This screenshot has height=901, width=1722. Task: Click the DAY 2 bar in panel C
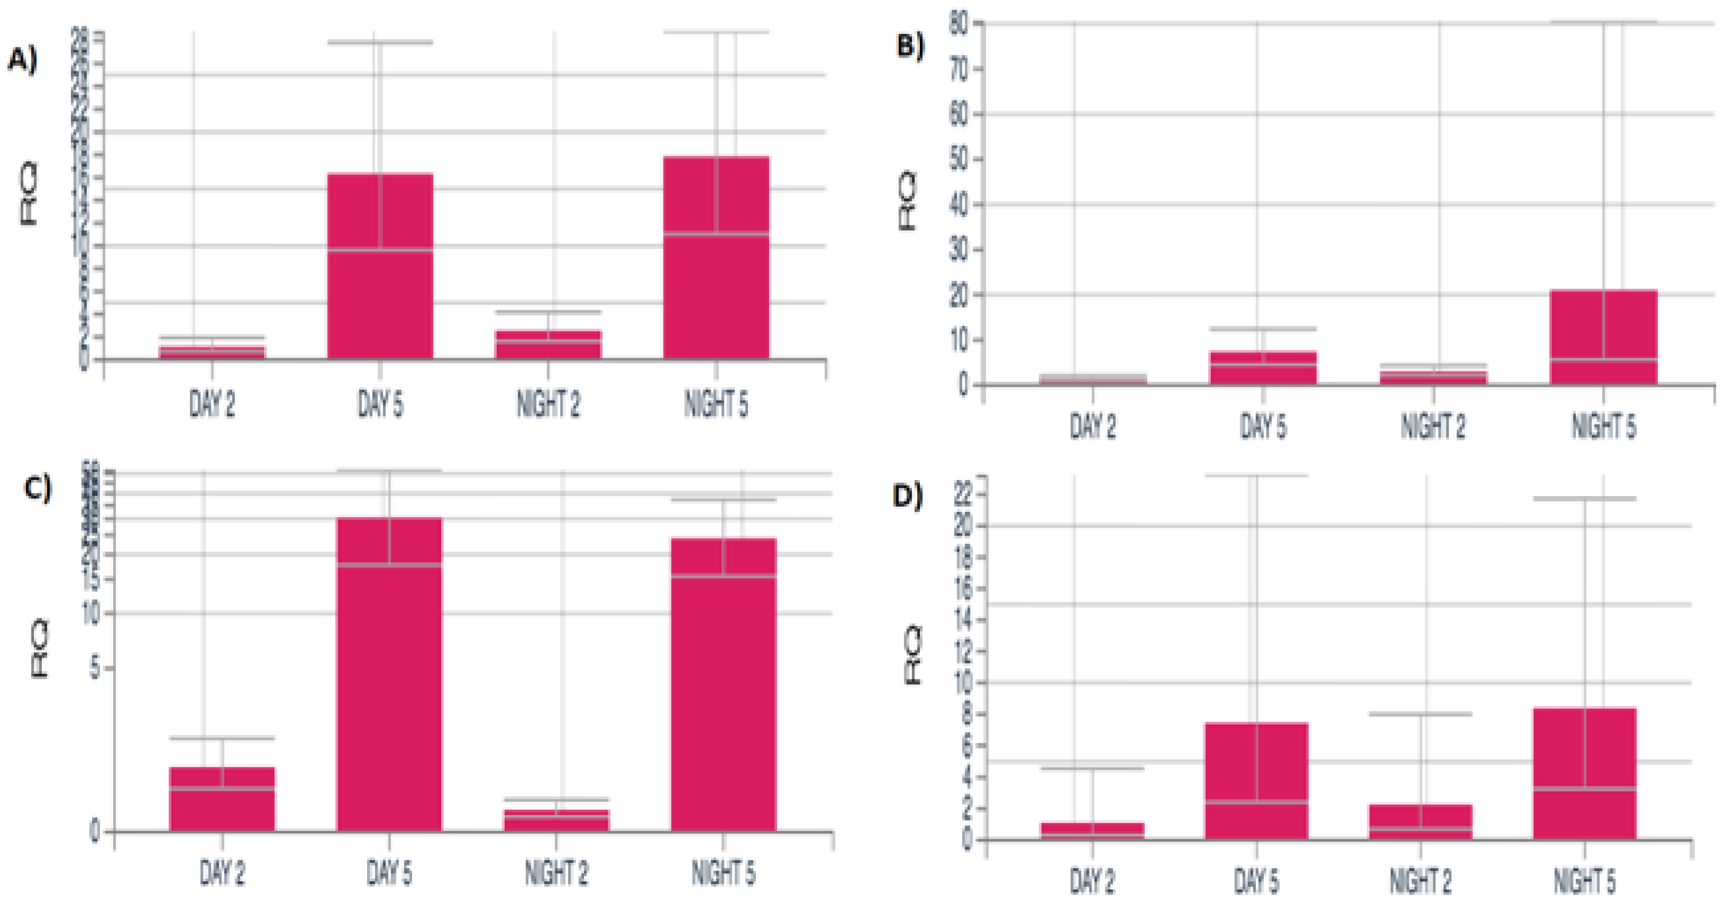(x=222, y=799)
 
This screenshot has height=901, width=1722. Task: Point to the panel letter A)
(x=22, y=61)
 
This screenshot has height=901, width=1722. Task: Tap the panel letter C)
(x=37, y=489)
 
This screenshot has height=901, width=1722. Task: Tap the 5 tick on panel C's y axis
(x=94, y=668)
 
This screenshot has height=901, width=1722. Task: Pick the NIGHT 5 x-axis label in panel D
(x=1584, y=882)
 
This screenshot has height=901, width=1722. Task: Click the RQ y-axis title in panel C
(x=40, y=648)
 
